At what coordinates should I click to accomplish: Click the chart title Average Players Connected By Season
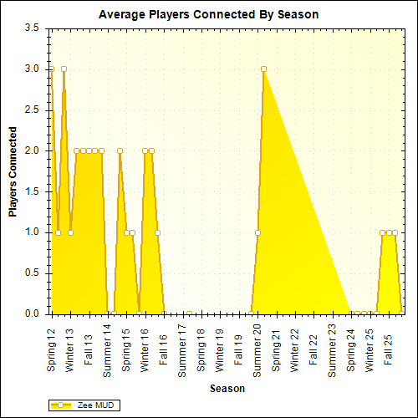pos(208,14)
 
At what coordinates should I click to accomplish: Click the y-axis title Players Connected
pos(13,171)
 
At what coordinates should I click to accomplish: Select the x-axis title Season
pos(227,389)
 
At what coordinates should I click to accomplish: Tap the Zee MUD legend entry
pos(84,405)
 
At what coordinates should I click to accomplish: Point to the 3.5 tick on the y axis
pos(31,28)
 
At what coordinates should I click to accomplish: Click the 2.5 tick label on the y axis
pos(31,110)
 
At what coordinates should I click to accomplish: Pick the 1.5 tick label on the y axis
pos(31,191)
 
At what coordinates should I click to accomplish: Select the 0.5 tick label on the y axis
pos(31,273)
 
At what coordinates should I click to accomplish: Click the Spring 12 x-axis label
pos(52,351)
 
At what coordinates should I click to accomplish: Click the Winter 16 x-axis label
pos(145,350)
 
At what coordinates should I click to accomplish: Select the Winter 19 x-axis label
pos(221,350)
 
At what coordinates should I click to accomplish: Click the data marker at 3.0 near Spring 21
pos(263,69)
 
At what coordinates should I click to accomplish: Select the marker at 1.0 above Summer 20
pos(257,232)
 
